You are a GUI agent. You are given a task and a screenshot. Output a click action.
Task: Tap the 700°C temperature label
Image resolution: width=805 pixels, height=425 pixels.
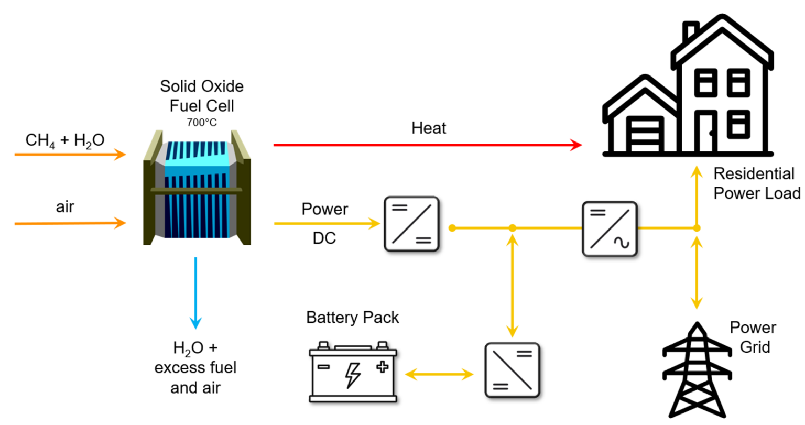click(201, 123)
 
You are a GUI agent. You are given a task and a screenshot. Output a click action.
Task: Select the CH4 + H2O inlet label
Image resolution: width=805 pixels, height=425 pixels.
click(65, 140)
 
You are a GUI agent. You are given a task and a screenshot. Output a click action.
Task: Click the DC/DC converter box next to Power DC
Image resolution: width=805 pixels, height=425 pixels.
click(411, 224)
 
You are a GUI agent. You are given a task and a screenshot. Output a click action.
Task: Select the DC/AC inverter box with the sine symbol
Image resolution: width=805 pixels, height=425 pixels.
click(610, 229)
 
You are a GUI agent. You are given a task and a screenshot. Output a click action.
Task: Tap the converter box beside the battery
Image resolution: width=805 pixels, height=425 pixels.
click(512, 370)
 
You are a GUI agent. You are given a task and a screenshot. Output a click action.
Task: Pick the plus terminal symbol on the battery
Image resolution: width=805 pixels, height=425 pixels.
click(383, 367)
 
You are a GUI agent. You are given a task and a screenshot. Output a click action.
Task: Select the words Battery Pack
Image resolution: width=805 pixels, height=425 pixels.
click(352, 318)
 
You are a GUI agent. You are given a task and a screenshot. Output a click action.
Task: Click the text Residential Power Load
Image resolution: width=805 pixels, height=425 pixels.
click(756, 183)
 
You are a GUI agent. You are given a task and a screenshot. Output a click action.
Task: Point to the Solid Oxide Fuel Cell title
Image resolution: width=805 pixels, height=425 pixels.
click(202, 96)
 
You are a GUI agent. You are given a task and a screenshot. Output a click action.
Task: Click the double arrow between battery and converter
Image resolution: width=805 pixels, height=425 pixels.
click(439, 374)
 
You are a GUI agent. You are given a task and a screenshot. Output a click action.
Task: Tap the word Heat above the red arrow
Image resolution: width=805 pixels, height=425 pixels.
click(428, 128)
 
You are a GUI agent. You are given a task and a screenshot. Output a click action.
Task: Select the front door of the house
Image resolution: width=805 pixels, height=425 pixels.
click(705, 132)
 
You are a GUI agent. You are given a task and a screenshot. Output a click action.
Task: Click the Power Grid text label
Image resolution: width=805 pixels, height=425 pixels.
click(753, 337)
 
